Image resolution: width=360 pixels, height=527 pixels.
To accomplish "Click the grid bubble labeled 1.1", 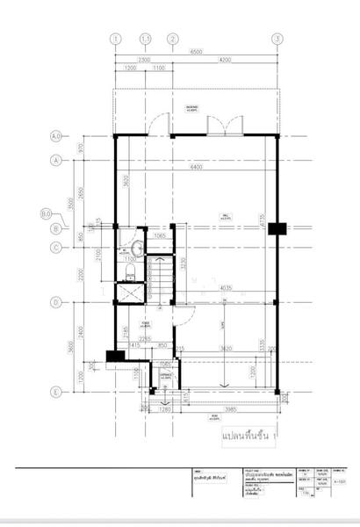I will click(147, 39).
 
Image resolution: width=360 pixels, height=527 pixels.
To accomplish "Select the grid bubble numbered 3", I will click(277, 39).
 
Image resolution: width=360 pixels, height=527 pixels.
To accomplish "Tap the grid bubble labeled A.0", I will click(55, 136).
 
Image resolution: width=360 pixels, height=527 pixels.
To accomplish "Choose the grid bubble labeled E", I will click(55, 392).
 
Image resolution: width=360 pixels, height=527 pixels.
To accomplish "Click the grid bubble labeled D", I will click(55, 303).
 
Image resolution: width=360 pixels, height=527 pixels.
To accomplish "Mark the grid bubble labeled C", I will click(55, 247).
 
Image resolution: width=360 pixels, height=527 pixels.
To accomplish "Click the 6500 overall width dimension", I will click(195, 54).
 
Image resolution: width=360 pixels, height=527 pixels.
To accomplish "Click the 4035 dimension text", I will click(225, 287).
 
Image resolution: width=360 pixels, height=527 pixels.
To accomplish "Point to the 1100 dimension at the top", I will click(159, 68).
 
